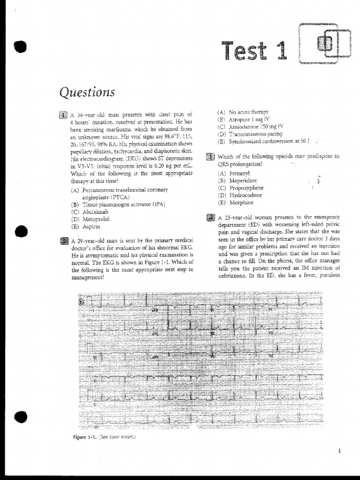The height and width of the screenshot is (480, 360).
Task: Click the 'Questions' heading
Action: [x=87, y=92]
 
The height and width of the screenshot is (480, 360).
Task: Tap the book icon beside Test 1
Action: [x=325, y=45]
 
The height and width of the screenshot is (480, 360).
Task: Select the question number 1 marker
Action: [x=64, y=114]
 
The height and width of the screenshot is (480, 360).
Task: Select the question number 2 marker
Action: [x=64, y=241]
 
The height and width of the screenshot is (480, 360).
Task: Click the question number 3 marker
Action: [x=210, y=157]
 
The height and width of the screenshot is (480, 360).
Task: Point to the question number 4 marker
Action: [x=210, y=217]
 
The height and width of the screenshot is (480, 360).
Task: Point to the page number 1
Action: [x=339, y=451]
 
